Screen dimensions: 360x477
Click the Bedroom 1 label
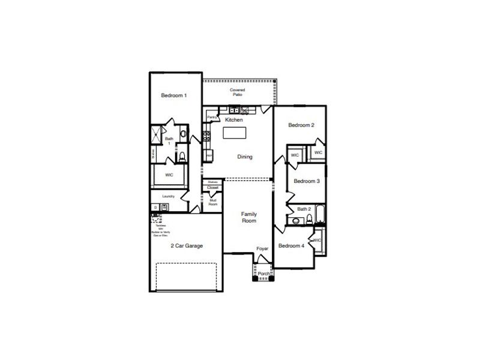tap(174, 95)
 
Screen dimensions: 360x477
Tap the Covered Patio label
tap(238, 92)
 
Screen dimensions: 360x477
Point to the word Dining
tap(245, 157)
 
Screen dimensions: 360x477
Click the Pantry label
tap(212, 117)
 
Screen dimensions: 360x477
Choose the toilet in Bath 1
tap(182, 158)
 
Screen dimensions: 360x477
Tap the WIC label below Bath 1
tap(169, 175)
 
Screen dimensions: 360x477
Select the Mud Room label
tap(212, 203)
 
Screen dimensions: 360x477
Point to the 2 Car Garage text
tap(187, 246)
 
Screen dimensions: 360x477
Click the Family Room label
tap(249, 217)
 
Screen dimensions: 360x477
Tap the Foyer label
tap(263, 248)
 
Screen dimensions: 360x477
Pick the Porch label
tap(263, 274)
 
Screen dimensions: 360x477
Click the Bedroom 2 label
tap(301, 125)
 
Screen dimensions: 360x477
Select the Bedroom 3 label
tap(307, 181)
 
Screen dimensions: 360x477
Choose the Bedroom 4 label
tap(292, 245)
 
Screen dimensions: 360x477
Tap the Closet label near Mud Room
tap(213, 188)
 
